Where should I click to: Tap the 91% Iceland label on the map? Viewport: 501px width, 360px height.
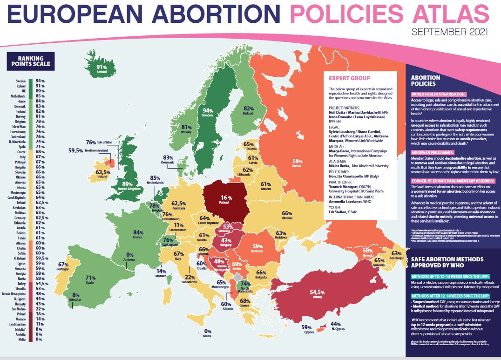[x=102, y=69]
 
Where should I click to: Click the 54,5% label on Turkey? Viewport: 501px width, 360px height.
[x=317, y=293]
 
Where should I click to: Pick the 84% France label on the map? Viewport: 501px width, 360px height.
[x=138, y=234]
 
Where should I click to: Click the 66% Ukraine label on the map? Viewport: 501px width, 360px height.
[x=287, y=215]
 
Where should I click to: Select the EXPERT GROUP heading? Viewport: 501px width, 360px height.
[x=349, y=78]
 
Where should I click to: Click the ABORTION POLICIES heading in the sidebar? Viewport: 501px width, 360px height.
[x=426, y=81]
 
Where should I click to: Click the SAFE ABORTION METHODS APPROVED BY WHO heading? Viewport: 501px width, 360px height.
[x=447, y=263]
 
